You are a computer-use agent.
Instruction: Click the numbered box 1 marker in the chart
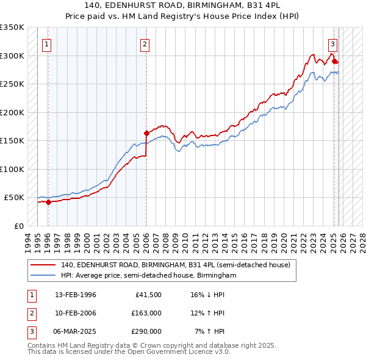(x=47, y=44)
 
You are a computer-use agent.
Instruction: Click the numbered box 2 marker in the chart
(x=145, y=44)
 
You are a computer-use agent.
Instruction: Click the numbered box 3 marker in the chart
(x=332, y=44)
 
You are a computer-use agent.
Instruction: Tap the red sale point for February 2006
(x=146, y=133)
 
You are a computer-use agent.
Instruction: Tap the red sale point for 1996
(x=48, y=202)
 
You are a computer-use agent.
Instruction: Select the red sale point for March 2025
(x=334, y=61)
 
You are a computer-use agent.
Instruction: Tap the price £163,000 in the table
(x=146, y=313)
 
